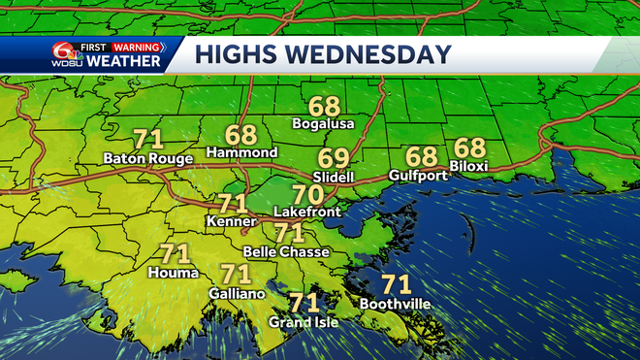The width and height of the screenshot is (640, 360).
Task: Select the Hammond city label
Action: click(241, 153)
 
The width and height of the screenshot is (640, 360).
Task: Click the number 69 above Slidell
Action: click(335, 158)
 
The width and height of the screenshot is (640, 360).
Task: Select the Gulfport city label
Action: click(416, 175)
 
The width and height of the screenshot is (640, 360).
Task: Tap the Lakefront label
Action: click(304, 211)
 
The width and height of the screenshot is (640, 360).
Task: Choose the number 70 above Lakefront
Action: click(307, 192)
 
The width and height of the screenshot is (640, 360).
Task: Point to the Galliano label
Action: click(234, 292)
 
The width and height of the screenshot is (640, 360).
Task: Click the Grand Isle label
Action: click(304, 321)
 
